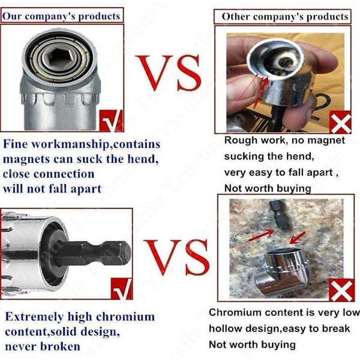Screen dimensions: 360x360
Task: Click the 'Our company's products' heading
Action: [61, 16]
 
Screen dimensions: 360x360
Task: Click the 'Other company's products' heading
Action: [285, 17]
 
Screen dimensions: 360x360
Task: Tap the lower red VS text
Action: [177, 257]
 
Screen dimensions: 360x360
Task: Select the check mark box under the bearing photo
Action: [111, 121]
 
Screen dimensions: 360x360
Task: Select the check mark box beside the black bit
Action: [121, 288]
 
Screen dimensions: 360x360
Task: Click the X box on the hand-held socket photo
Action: [341, 122]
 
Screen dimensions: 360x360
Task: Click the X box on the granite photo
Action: [342, 290]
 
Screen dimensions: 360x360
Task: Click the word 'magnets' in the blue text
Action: [27, 159]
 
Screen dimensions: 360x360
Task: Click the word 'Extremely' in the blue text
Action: [35, 317]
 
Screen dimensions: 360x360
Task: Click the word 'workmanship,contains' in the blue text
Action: [96, 144]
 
